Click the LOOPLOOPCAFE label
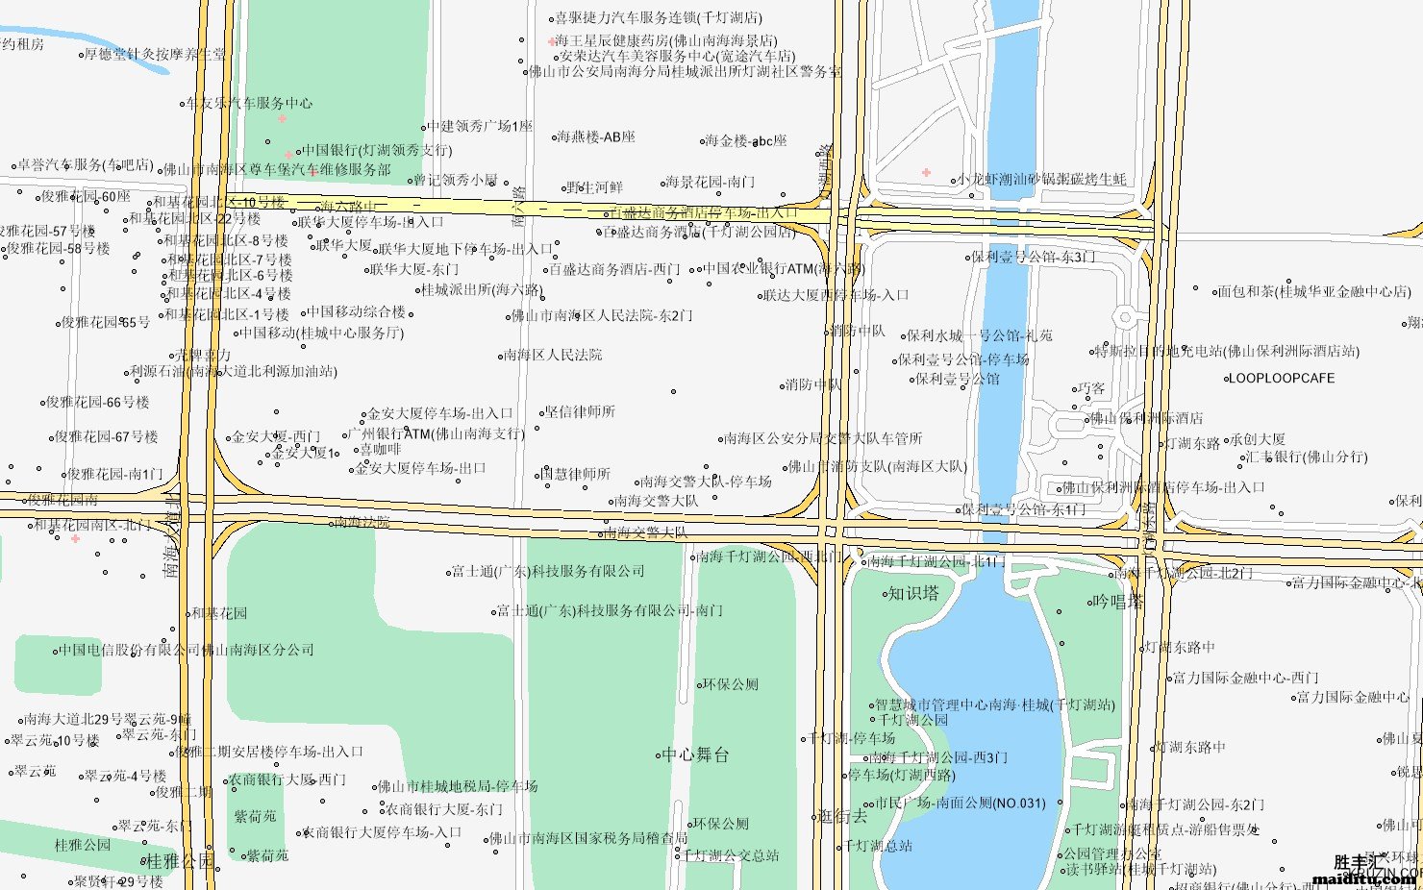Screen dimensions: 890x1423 point(1281,378)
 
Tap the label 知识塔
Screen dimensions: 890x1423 point(912,593)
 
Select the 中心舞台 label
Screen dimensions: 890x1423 point(695,754)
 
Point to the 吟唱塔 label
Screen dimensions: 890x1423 point(1118,602)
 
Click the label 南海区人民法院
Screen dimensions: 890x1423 point(553,355)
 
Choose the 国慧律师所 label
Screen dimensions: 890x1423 point(575,474)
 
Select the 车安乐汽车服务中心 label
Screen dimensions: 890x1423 point(248,103)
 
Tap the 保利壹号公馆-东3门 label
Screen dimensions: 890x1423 point(1033,257)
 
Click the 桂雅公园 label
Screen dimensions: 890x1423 point(179,861)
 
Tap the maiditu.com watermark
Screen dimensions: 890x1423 point(1365,878)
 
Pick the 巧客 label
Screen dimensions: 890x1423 point(1091,388)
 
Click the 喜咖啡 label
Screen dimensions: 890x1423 point(380,449)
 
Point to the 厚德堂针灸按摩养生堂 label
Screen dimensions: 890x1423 point(155,54)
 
